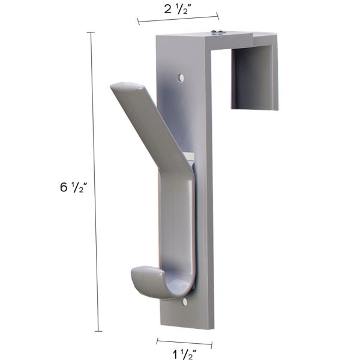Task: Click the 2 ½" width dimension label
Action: pyautogui.click(x=178, y=9)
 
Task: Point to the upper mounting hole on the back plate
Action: pyautogui.click(x=181, y=78)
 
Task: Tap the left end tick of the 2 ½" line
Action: pyautogui.click(x=139, y=23)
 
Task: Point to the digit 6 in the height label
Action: pyautogui.click(x=64, y=187)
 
